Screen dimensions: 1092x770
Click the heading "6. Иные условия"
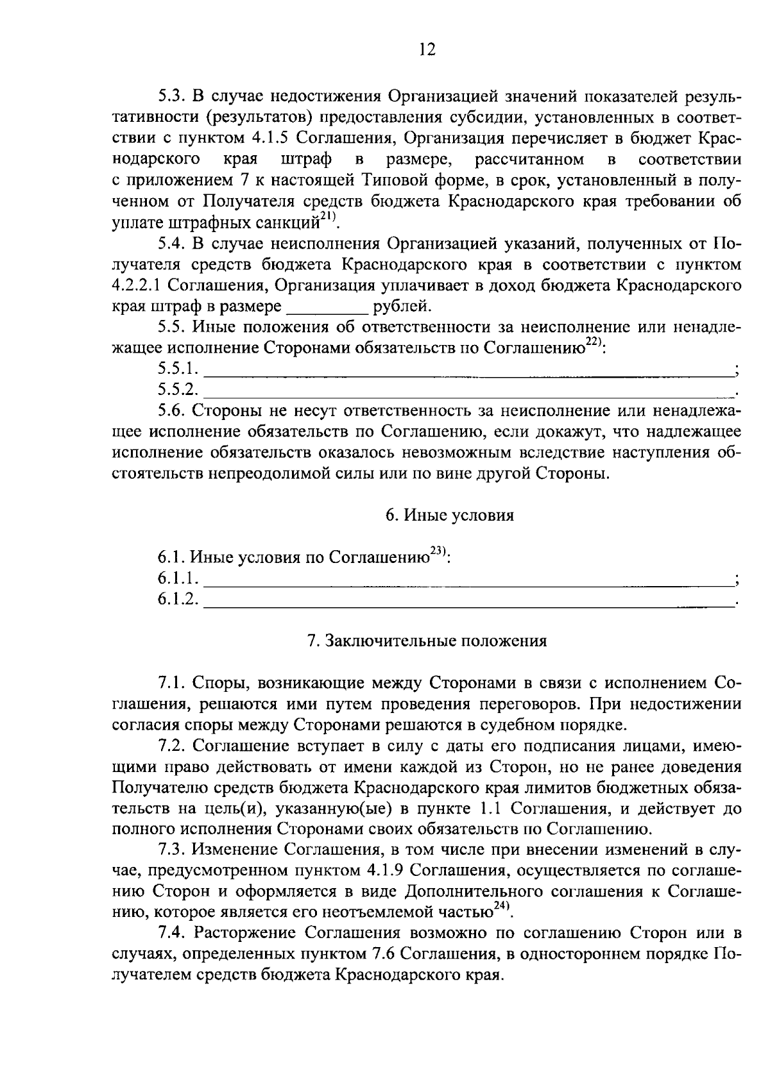449,516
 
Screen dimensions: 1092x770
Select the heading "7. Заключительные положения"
427,641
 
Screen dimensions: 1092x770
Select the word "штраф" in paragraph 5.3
306,160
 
